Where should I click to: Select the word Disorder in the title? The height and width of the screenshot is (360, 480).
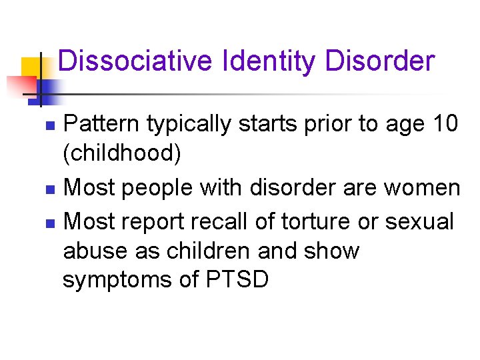pos(380,61)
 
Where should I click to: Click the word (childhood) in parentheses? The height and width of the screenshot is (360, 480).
pos(121,154)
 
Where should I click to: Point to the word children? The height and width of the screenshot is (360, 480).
pos(205,251)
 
